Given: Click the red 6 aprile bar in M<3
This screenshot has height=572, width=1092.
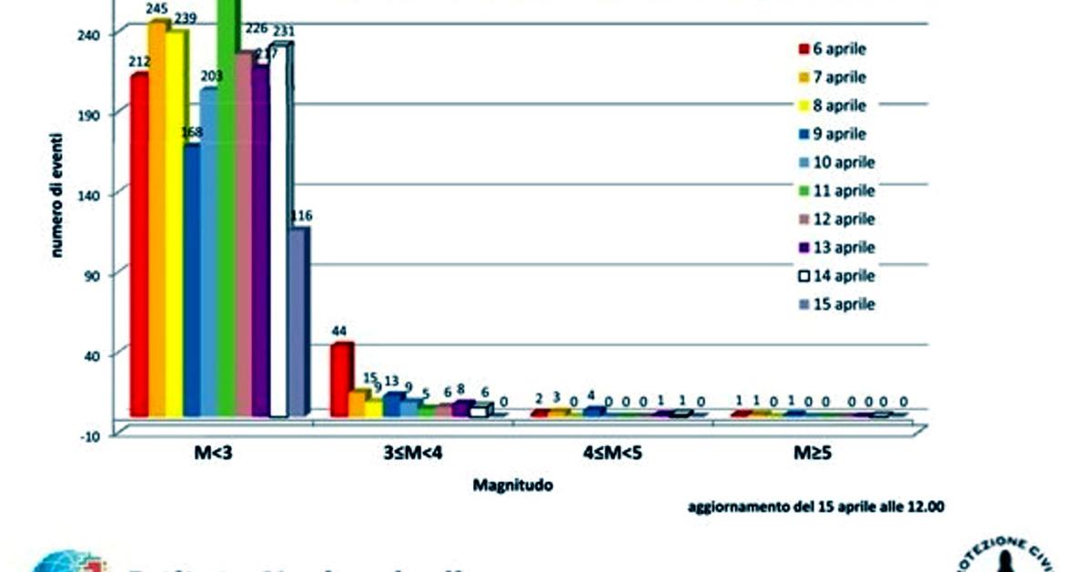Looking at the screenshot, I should click(x=139, y=246).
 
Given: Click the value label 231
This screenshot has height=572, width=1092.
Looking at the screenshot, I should click(x=282, y=31).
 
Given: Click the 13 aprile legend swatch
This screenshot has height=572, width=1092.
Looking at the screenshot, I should click(x=804, y=248).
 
